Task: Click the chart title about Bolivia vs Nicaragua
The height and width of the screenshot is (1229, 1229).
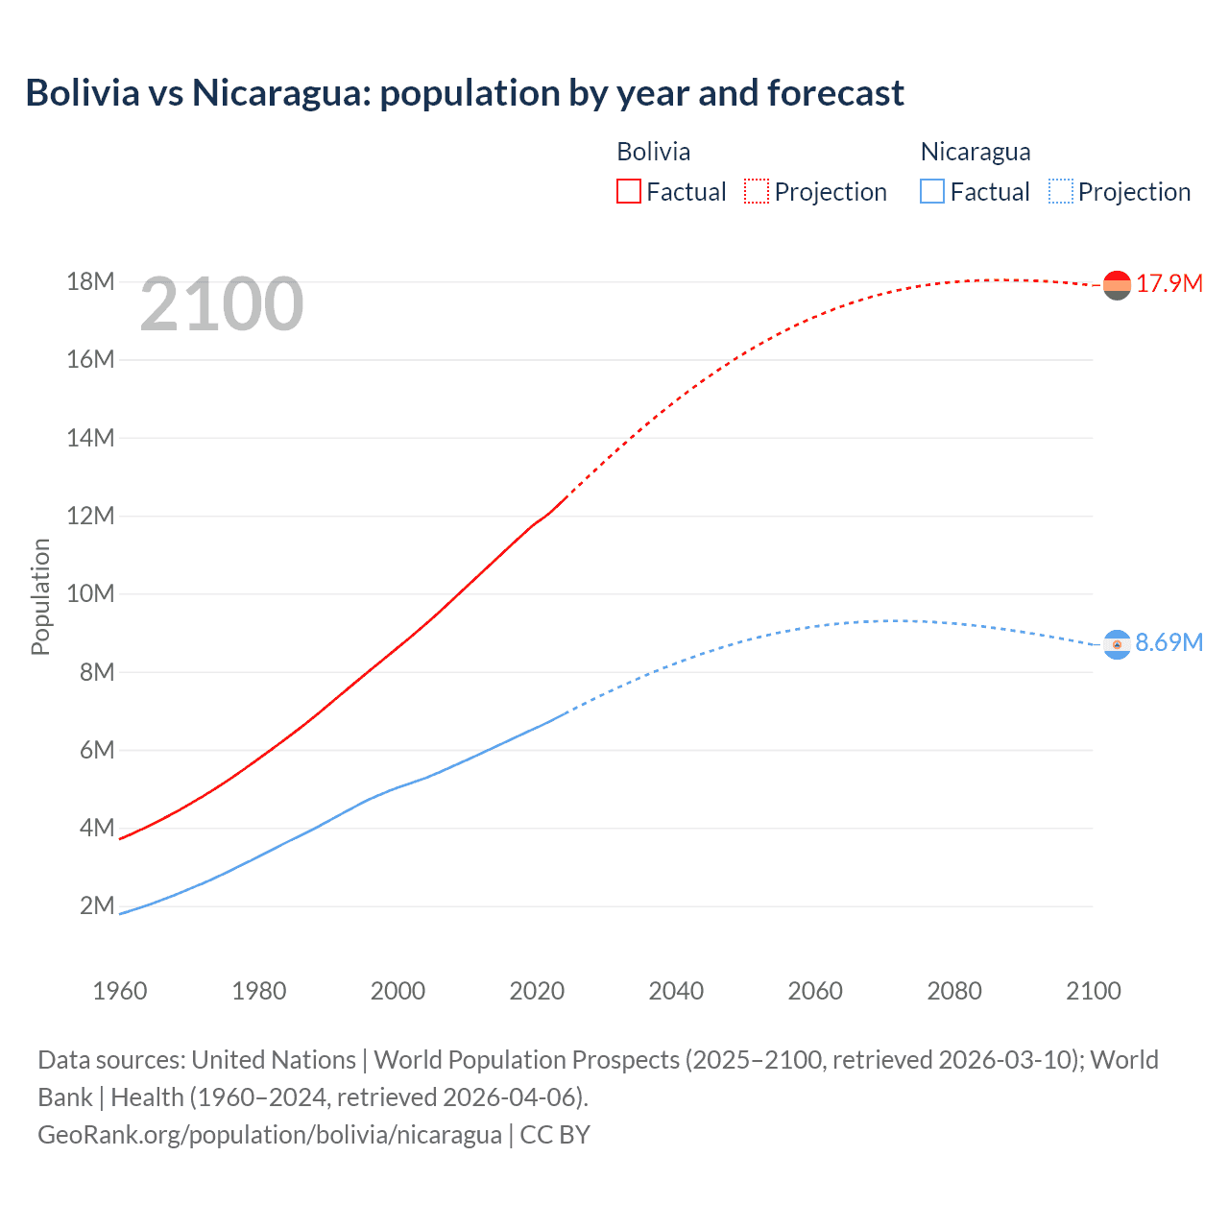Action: (465, 93)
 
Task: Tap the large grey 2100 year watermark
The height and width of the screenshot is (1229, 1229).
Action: (222, 305)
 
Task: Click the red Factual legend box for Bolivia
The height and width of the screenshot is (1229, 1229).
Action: (628, 191)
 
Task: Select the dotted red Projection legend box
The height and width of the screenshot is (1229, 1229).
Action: (757, 191)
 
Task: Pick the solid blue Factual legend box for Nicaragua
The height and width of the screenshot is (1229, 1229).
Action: (931, 191)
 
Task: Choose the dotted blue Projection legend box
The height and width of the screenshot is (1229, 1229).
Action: (1060, 191)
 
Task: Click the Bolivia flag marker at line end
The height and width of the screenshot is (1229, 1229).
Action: (1117, 285)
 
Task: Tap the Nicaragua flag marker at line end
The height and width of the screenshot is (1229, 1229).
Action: (1117, 644)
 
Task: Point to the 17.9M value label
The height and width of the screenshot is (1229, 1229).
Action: (1169, 284)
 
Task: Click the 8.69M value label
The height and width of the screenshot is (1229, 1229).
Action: (1169, 643)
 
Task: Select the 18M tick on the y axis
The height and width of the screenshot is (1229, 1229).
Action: (90, 282)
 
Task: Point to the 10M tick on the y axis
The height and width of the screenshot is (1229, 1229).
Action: (90, 594)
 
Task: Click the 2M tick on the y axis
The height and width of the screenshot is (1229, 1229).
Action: (96, 906)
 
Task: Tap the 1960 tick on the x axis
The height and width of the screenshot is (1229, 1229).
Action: (120, 991)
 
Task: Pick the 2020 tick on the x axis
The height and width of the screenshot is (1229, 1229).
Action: (537, 991)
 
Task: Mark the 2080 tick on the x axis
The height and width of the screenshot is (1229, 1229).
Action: (953, 991)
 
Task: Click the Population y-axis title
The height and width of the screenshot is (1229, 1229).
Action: (40, 596)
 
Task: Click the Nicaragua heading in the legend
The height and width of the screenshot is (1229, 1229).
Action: (975, 152)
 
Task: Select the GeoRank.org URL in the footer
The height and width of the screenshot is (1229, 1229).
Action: (269, 1135)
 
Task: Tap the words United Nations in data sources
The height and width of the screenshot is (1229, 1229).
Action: (274, 1060)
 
